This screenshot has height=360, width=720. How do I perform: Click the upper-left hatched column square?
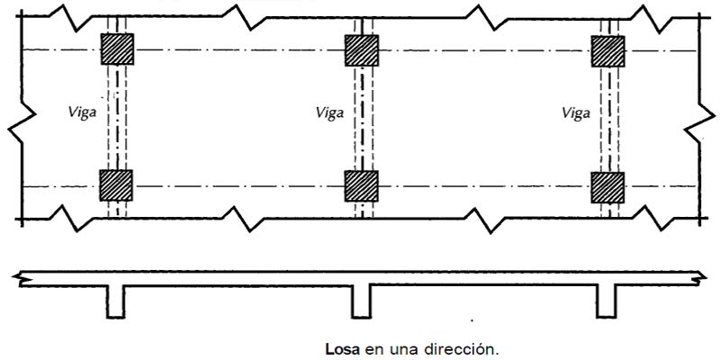click(x=117, y=49)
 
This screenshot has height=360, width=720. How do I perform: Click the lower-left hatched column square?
click(x=116, y=185)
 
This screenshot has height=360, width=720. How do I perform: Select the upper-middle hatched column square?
click(x=362, y=49)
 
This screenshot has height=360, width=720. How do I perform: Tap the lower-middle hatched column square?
click(x=362, y=185)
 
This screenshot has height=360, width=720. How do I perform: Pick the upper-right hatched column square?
click(x=607, y=49)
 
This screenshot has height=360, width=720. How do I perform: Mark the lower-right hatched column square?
click(x=607, y=186)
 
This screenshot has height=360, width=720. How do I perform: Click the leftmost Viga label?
click(x=82, y=113)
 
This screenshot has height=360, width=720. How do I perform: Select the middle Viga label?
click(x=329, y=113)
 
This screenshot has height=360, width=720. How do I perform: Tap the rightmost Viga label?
click(x=576, y=113)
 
